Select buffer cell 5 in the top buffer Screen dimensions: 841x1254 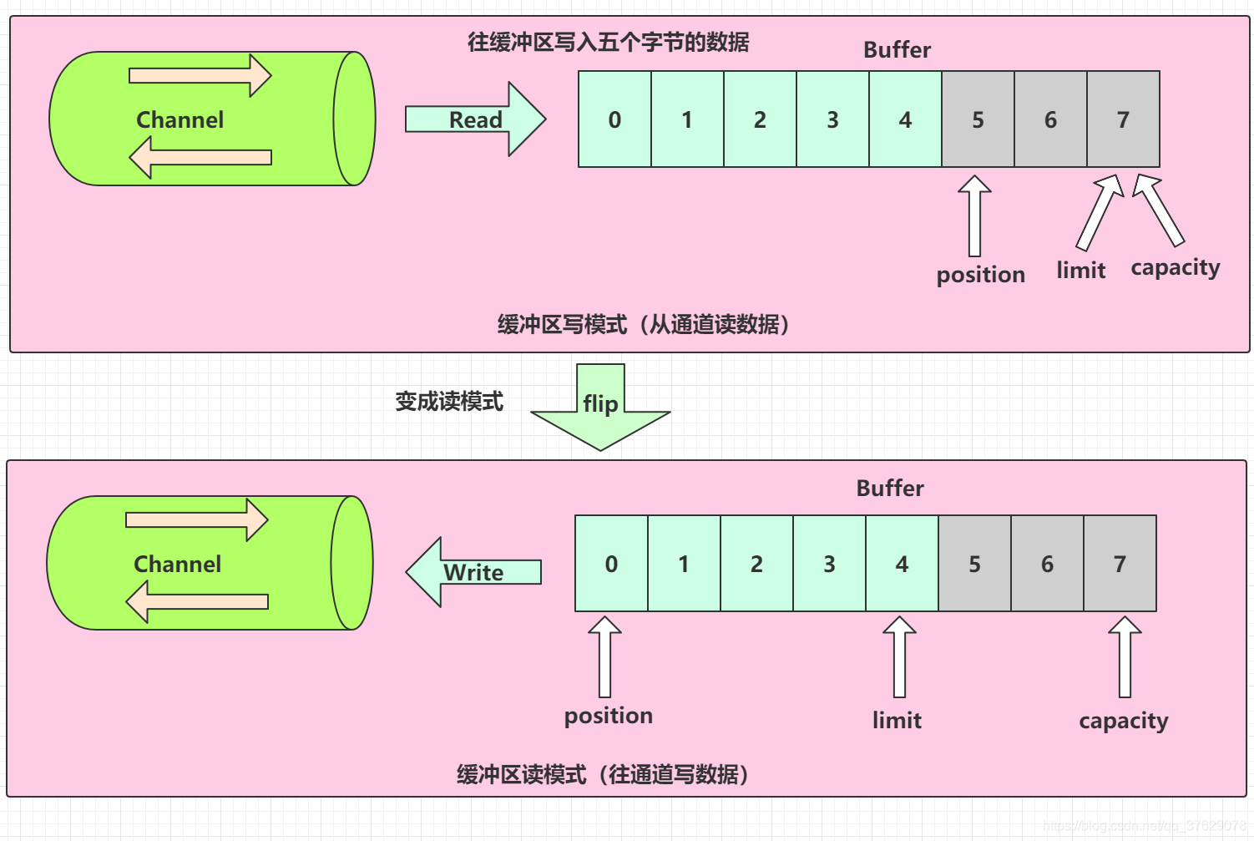pyautogui.click(x=978, y=119)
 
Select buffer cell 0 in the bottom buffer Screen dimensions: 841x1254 pyautogui.click(x=611, y=564)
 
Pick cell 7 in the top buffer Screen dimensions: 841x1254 pyautogui.click(x=1123, y=119)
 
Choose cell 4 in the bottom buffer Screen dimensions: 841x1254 pyautogui.click(x=902, y=564)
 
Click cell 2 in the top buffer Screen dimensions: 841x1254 pyautogui.click(x=760, y=119)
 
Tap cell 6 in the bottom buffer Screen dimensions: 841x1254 pyautogui.click(x=1047, y=564)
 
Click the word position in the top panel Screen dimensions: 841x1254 pyautogui.click(x=980, y=275)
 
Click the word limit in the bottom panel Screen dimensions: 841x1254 pyautogui.click(x=897, y=720)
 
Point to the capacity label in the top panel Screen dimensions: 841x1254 pyautogui.click(x=1175, y=268)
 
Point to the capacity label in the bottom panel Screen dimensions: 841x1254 pyautogui.click(x=1123, y=721)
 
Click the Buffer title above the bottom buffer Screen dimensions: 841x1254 pyautogui.click(x=890, y=489)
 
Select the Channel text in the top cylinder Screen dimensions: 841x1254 pyautogui.click(x=180, y=120)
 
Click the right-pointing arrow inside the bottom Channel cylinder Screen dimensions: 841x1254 pyautogui.click(x=197, y=520)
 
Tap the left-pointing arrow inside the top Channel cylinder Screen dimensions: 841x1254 pyautogui.click(x=200, y=157)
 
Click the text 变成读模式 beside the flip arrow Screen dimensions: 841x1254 pyautogui.click(x=449, y=402)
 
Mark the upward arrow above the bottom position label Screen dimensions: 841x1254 pyautogui.click(x=604, y=656)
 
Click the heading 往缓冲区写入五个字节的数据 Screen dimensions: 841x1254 pyautogui.click(x=608, y=42)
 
